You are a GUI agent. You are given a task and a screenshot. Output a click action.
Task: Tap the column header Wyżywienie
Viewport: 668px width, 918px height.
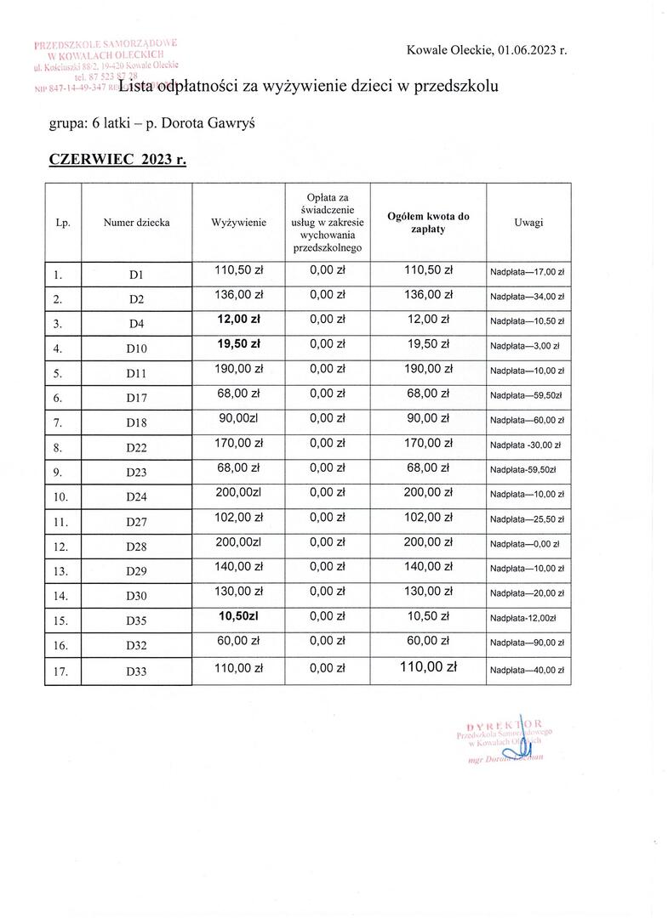pos(239,223)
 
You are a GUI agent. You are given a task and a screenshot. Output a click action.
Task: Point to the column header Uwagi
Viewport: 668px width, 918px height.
pos(528,223)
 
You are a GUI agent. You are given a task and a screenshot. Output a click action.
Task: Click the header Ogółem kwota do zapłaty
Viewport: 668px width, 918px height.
pos(428,223)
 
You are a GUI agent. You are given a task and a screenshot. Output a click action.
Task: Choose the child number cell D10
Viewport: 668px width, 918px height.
pos(136,349)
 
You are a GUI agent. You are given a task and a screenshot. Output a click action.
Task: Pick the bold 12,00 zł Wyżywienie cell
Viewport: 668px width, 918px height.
pos(239,319)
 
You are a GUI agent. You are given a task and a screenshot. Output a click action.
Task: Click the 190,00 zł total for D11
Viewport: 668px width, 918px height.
pos(428,369)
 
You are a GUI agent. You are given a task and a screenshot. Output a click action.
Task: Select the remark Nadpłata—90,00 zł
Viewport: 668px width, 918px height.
pos(528,646)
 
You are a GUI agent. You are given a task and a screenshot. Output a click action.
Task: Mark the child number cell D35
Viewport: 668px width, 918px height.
pos(136,621)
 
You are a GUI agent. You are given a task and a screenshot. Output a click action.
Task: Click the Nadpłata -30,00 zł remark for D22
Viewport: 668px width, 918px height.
pos(527,445)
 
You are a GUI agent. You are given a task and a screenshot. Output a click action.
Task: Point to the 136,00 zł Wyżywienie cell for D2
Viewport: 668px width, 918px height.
pos(239,294)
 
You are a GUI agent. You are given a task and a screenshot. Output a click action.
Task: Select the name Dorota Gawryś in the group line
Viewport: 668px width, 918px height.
pos(208,124)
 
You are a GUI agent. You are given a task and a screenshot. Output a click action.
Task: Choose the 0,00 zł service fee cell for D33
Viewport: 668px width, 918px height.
pos(328,669)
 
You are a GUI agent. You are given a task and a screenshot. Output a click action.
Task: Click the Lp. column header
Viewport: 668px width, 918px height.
pos(61,223)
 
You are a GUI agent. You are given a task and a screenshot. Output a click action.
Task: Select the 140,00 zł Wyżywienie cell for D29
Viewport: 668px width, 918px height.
pos(239,567)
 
